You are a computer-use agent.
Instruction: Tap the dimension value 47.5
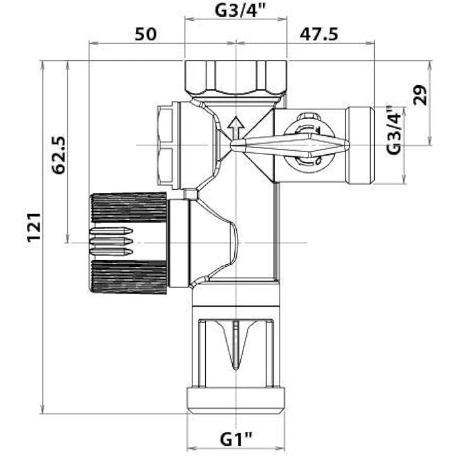click(318, 34)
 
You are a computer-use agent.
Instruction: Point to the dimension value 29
click(420, 96)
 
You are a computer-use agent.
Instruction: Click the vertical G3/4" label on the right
click(396, 131)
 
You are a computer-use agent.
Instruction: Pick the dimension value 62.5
click(58, 155)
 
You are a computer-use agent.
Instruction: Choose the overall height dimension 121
click(34, 227)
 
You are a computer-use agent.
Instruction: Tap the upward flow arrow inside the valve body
click(235, 126)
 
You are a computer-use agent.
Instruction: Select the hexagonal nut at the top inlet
click(235, 77)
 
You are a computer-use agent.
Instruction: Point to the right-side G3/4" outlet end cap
click(361, 145)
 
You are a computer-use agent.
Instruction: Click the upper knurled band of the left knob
click(129, 208)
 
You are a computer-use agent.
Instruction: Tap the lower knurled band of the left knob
click(129, 277)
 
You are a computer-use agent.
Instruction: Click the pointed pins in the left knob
click(111, 241)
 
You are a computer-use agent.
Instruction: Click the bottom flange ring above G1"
click(235, 400)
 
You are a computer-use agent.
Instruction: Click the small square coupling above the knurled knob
click(191, 194)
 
